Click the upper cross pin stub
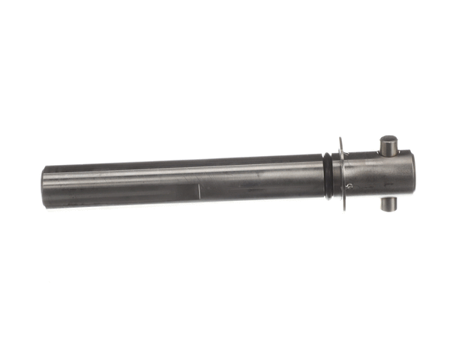(x=388, y=145)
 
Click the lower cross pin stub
(x=388, y=203)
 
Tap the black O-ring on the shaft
(x=328, y=176)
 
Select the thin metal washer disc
(x=343, y=174)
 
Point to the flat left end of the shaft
(x=44, y=187)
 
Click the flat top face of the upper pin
(x=388, y=138)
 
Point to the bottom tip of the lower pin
(x=388, y=209)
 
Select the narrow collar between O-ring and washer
(x=336, y=176)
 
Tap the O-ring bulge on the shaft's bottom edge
(x=329, y=198)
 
